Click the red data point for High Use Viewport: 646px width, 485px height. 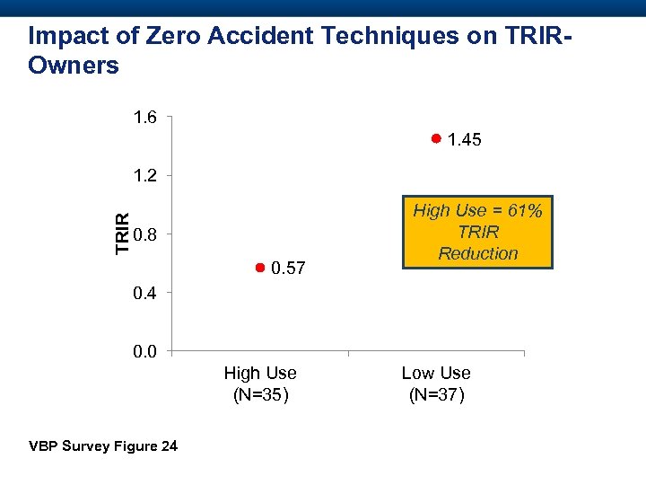pyautogui.click(x=258, y=268)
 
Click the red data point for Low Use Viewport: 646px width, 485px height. pyautogui.click(x=434, y=139)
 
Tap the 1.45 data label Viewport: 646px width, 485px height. pyautogui.click(x=464, y=140)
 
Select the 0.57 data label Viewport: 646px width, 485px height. pyautogui.click(x=288, y=269)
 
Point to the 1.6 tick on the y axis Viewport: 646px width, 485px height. pyautogui.click(x=144, y=117)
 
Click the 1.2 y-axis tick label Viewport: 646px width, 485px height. pyautogui.click(x=144, y=175)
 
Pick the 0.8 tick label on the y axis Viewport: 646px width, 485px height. pyautogui.click(x=144, y=234)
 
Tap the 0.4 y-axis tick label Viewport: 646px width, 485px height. pyautogui.click(x=144, y=293)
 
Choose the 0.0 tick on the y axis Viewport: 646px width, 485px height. pyautogui.click(x=144, y=351)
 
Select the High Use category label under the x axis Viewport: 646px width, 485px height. pyautogui.click(x=260, y=373)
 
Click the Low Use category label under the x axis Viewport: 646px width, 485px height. pyautogui.click(x=436, y=373)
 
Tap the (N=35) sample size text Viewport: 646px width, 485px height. pyautogui.click(x=260, y=393)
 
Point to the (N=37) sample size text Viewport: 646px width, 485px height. pyautogui.click(x=436, y=393)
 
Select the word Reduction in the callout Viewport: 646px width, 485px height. pyautogui.click(x=478, y=253)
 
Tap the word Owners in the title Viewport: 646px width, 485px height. pyautogui.click(x=74, y=66)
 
